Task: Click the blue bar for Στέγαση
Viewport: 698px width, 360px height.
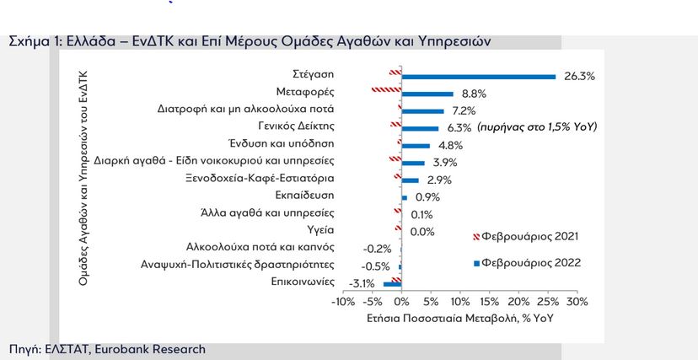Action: click(478, 77)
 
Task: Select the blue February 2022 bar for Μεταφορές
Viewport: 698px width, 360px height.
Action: click(427, 94)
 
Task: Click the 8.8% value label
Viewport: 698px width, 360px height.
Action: click(475, 94)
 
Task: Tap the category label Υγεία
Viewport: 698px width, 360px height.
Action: click(320, 229)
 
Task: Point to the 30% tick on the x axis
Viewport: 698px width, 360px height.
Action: click(577, 302)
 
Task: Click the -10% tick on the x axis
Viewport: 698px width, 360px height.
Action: click(343, 302)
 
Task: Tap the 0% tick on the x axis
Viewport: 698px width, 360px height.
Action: click(401, 302)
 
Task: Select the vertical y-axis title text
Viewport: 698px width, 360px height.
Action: click(84, 178)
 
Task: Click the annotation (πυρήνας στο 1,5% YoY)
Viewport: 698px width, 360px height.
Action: click(536, 126)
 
